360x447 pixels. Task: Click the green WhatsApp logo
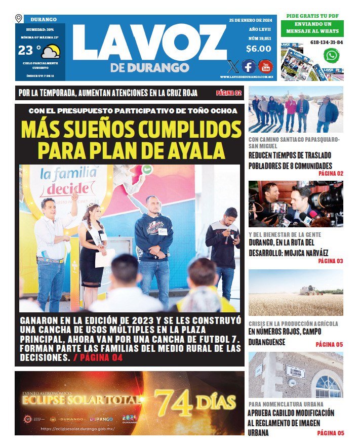click(332, 55)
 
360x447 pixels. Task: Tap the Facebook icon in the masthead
click(248, 66)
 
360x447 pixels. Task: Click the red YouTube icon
click(265, 66)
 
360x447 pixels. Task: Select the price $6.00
click(258, 49)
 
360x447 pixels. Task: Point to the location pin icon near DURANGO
click(19, 19)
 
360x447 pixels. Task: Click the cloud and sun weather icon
click(51, 51)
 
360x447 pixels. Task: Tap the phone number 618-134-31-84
click(326, 43)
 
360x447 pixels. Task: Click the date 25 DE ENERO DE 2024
click(250, 20)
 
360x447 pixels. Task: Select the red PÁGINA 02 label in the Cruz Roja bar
click(229, 93)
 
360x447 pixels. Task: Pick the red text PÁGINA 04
click(99, 357)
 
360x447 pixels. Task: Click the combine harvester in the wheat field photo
click(309, 290)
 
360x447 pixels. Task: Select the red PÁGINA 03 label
click(330, 261)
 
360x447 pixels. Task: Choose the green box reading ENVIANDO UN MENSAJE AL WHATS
click(312, 28)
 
